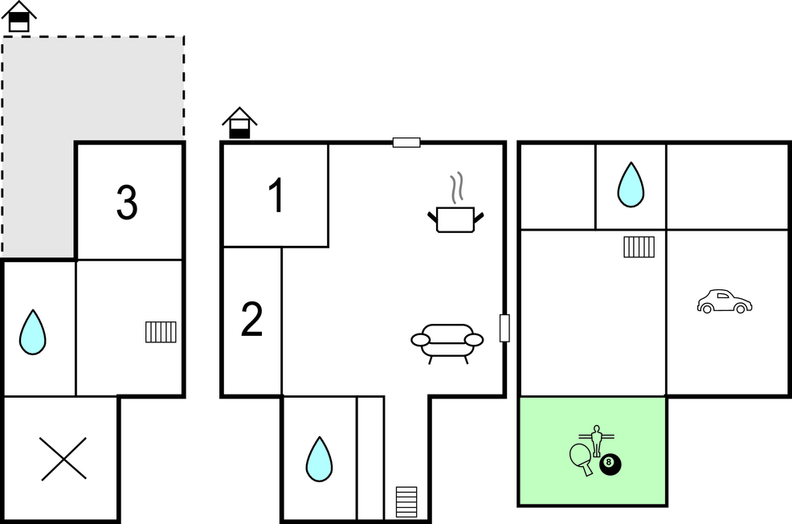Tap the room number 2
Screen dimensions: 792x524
(x=251, y=318)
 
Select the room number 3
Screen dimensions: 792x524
(x=127, y=202)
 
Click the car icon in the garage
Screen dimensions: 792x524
(x=725, y=301)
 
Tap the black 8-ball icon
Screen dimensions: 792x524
(x=610, y=465)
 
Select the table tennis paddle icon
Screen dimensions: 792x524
(x=582, y=459)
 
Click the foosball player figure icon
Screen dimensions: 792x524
(x=597, y=440)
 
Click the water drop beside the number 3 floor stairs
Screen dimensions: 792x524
(x=33, y=332)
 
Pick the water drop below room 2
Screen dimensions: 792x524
(x=319, y=460)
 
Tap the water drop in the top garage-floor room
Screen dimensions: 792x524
(x=631, y=184)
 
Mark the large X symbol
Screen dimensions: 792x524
(x=63, y=459)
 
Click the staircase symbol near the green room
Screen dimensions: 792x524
(x=639, y=247)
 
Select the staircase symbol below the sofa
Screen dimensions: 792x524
(x=406, y=501)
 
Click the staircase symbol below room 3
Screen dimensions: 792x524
(x=161, y=332)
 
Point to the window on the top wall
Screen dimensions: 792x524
(x=406, y=142)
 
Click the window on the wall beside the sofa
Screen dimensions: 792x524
(x=504, y=328)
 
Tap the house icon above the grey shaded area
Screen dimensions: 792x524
(x=19, y=17)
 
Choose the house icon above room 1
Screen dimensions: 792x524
(x=240, y=123)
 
